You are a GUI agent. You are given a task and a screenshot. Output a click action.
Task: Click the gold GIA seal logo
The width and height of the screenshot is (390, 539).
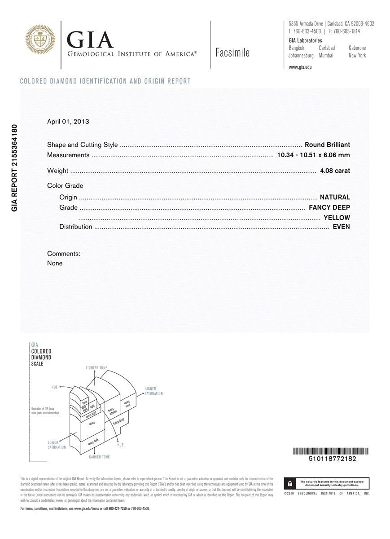[40, 40]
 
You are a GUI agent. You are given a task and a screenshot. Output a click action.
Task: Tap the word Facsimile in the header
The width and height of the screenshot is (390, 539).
[232, 53]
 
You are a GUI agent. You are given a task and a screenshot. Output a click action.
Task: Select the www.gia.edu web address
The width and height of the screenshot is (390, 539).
[300, 67]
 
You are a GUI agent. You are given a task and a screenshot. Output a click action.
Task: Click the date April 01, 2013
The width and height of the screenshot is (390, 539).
[68, 121]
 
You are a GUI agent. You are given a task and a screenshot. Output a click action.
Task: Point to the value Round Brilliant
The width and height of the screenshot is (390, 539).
[327, 145]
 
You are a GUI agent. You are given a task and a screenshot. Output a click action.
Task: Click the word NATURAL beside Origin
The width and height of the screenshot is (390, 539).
[335, 197]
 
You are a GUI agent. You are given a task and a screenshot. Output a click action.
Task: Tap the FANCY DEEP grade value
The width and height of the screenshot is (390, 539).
[329, 208]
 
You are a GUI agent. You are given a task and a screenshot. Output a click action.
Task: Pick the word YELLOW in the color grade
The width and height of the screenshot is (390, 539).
[337, 218]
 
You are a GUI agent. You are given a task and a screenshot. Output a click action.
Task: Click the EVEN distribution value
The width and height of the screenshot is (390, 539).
[341, 227]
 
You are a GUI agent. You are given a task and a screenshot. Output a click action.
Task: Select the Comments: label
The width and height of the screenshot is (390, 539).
[64, 254]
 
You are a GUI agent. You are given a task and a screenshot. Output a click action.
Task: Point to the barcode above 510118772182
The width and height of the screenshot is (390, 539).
[330, 451]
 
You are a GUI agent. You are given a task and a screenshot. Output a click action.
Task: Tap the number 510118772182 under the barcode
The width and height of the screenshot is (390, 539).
[330, 459]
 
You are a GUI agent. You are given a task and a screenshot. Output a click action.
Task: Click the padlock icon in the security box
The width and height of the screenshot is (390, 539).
[290, 483]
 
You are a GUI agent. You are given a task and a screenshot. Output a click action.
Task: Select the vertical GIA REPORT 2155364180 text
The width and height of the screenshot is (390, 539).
[14, 168]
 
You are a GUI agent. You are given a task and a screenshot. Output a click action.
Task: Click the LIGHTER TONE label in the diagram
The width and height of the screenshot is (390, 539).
[96, 368]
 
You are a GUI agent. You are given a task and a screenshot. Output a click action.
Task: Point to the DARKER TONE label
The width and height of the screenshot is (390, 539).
[99, 457]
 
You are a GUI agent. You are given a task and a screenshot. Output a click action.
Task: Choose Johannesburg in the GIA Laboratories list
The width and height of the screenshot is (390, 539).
[301, 56]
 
